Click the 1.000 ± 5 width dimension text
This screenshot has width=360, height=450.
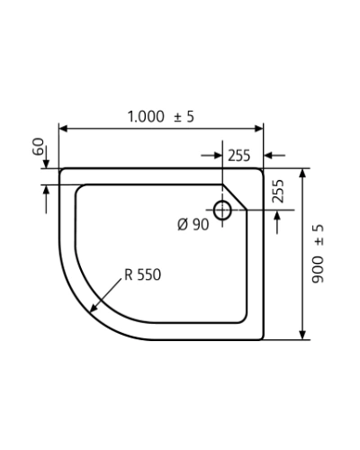coord(161,116)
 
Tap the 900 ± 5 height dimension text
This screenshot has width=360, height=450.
coord(318,254)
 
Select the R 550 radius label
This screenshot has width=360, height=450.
coord(143,274)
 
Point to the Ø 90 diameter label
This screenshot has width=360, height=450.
coord(193,224)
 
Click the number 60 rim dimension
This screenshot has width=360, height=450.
coord(38,147)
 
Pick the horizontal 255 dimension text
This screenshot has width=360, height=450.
coord(238,156)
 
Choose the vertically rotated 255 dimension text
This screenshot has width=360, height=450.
coord(278,191)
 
